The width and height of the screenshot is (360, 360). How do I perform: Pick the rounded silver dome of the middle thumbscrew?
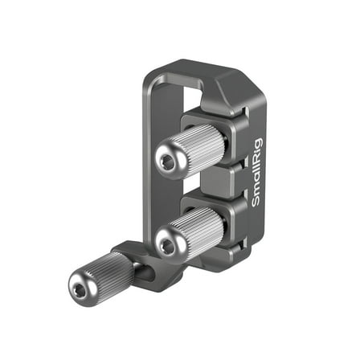point(168,239)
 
